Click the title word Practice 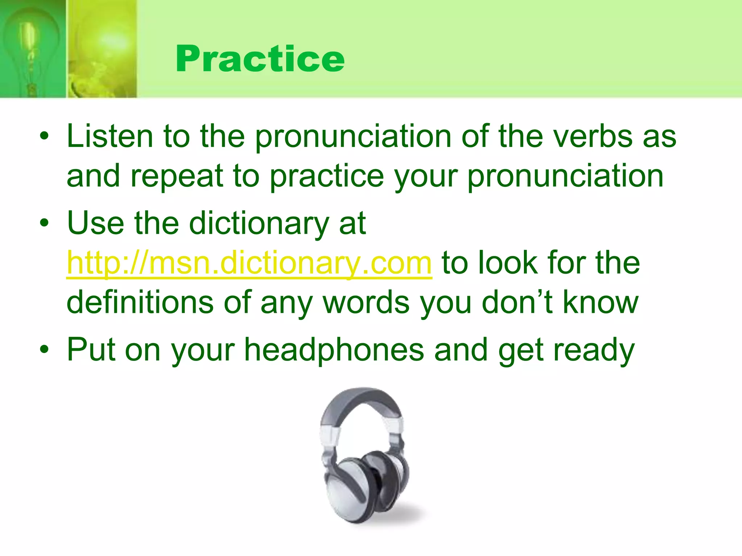[x=260, y=59]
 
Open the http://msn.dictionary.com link [x=249, y=263]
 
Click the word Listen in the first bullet [x=110, y=136]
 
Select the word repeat [x=176, y=176]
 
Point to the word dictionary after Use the [x=259, y=223]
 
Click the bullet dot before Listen [x=44, y=137]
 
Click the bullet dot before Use [x=44, y=223]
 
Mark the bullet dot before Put [x=44, y=350]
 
